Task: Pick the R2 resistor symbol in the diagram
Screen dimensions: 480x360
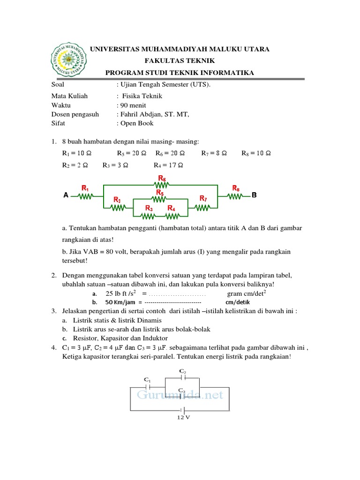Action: [117, 207]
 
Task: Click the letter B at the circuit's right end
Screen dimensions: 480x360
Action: [255, 195]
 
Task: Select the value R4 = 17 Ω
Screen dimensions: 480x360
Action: [168, 165]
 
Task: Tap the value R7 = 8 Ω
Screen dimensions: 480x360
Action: [214, 153]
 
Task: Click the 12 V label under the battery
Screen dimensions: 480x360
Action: [183, 418]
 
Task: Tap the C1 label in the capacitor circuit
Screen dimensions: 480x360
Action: [147, 380]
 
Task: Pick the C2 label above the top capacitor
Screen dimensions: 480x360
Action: [183, 370]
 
